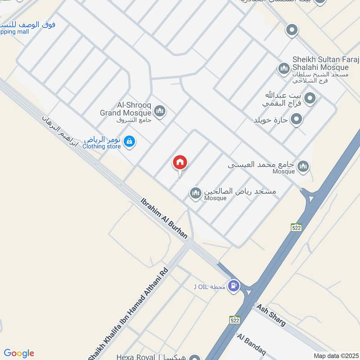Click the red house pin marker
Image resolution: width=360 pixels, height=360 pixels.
[180, 163]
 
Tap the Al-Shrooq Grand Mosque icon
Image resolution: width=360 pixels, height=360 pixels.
[159, 110]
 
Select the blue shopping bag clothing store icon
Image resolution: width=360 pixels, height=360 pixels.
[130, 141]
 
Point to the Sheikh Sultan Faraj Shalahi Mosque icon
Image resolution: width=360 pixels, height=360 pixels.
[283, 68]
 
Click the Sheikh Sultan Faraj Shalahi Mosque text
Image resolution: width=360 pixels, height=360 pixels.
[320, 63]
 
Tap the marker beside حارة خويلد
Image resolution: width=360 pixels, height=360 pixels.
[296, 119]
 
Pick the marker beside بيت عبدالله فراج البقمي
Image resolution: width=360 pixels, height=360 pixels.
[310, 98]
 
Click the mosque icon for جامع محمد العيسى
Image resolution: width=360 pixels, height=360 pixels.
[304, 167]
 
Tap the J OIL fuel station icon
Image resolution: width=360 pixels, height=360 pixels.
[233, 285]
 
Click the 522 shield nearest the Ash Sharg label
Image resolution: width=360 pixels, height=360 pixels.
[234, 320]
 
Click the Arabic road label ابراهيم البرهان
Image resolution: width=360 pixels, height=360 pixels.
[60, 131]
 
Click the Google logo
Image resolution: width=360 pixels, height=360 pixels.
[19, 353]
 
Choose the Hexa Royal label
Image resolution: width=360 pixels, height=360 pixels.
[135, 357]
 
